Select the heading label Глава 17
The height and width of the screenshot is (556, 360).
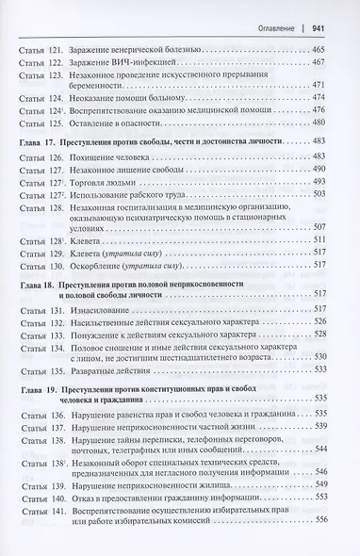coord(38,140)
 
